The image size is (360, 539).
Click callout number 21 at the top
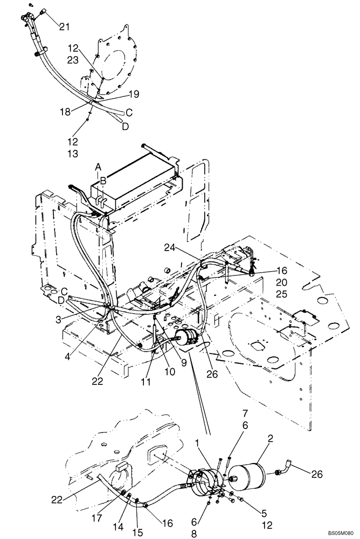(x=65, y=26)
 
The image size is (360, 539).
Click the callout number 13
(x=73, y=154)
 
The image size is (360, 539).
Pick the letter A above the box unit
(x=98, y=168)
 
